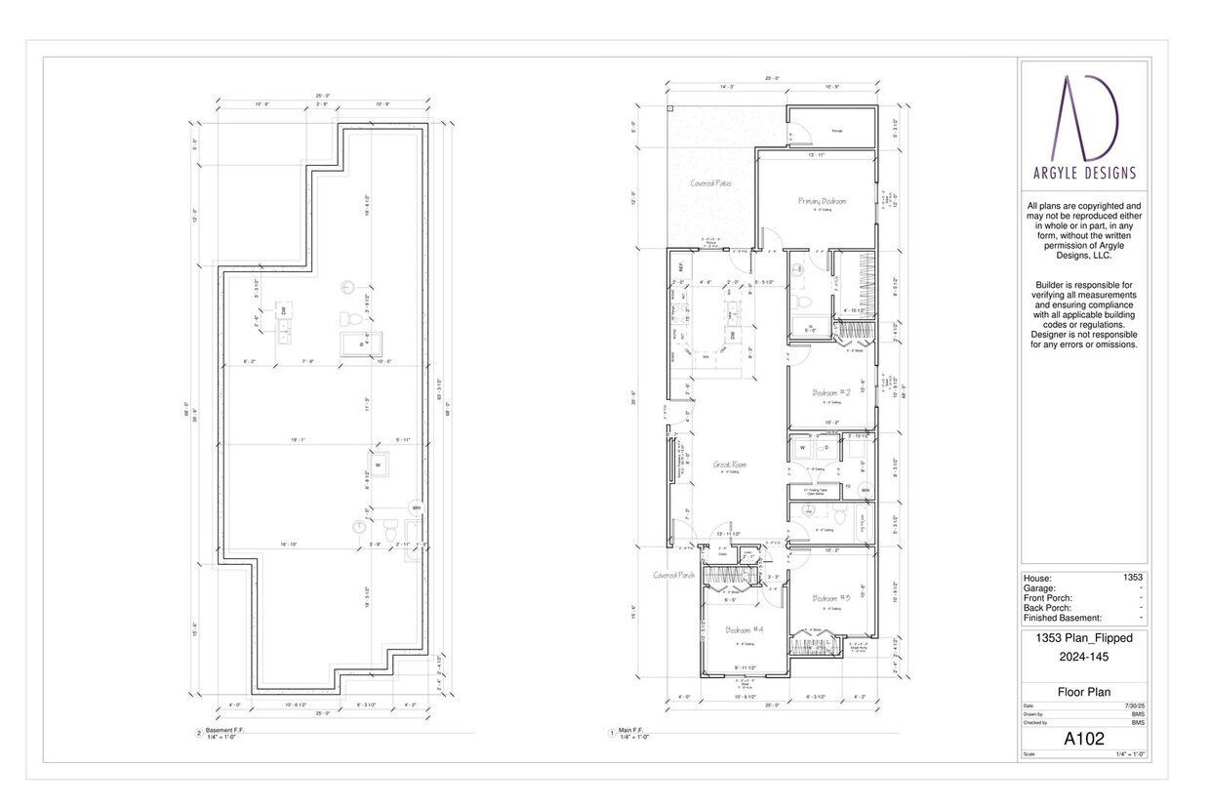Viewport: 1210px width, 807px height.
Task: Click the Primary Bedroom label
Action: (x=823, y=201)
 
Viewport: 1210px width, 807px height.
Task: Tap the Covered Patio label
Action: (x=711, y=182)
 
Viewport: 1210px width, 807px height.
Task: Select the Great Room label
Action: (x=730, y=464)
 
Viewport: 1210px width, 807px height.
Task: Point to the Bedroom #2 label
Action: (x=831, y=392)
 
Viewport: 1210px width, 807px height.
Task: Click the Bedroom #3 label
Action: (x=831, y=597)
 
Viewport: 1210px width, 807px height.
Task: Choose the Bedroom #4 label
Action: (x=745, y=630)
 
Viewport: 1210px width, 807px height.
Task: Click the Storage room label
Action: (x=836, y=130)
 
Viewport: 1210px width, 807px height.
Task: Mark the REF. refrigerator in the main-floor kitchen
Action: (x=680, y=265)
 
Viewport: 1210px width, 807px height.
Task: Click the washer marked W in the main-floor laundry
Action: (x=803, y=448)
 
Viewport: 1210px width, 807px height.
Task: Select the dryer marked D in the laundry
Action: (x=827, y=448)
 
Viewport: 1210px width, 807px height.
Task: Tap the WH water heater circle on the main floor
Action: (x=865, y=490)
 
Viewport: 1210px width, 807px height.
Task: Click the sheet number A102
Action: (x=1084, y=739)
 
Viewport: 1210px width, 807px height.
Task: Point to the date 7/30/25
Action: (x=1134, y=706)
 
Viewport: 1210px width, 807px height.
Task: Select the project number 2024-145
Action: (x=1084, y=657)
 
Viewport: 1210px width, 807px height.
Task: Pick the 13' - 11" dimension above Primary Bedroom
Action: (x=817, y=155)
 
